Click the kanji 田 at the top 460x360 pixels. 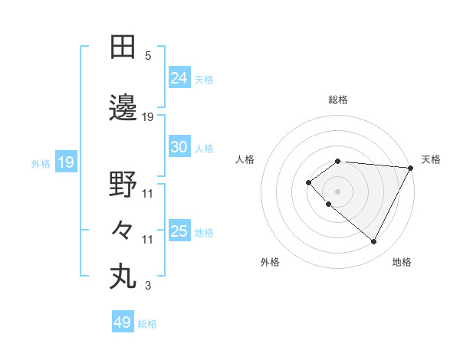coord(123,47)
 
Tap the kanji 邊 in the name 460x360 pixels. coord(123,109)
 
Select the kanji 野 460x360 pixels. coord(123,185)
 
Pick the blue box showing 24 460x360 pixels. coord(179,78)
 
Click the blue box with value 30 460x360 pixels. coord(179,147)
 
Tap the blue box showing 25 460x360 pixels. coord(179,231)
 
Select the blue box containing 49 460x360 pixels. coord(123,322)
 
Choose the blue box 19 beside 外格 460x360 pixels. coord(65,162)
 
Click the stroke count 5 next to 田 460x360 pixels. coord(148,56)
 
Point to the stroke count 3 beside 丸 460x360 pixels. coord(148,286)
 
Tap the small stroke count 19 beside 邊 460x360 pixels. coord(148,117)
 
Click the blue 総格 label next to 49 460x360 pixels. coord(147,324)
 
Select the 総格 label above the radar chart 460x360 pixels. coord(337,100)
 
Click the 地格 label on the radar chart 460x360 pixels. coord(402,262)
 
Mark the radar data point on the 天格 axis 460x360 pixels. coord(410,167)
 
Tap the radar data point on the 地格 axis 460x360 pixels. coord(374,242)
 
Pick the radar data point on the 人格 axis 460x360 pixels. coord(308,182)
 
